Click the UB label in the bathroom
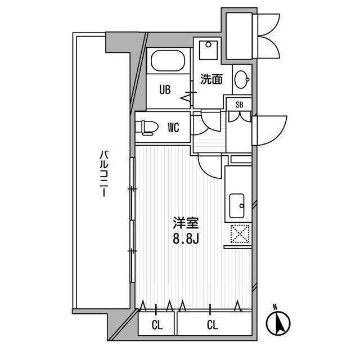pyautogui.click(x=165, y=89)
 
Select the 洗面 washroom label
pyautogui.click(x=211, y=80)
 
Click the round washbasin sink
pyautogui.click(x=242, y=80)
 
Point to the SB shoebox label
pyautogui.click(x=240, y=105)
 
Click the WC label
pyautogui.click(x=173, y=128)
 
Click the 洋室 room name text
pyautogui.click(x=185, y=222)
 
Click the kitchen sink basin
pyautogui.click(x=237, y=205)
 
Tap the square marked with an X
pyautogui.click(x=241, y=234)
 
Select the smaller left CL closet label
pyautogui.click(x=157, y=325)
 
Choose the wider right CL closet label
pyautogui.click(x=212, y=325)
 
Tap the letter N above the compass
pyautogui.click(x=274, y=307)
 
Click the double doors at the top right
pyautogui.click(x=268, y=35)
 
